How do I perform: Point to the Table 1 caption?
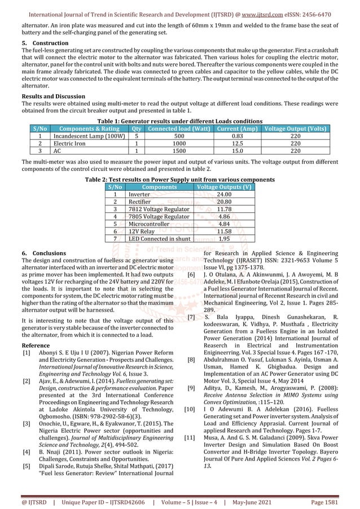click(179, 121)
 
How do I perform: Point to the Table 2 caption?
click(179, 179)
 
